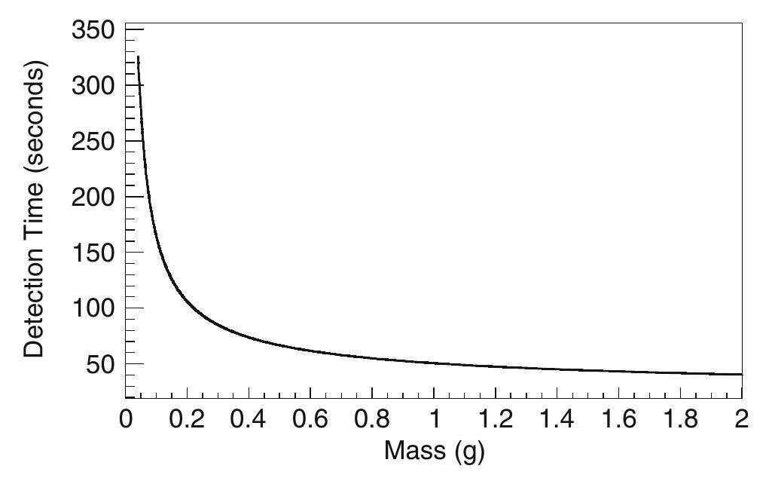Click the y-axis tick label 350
93,30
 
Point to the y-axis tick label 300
93,86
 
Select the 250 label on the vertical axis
93,142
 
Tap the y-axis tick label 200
93,198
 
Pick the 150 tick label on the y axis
93,253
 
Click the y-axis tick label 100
93,308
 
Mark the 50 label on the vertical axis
100,364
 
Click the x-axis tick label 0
126,419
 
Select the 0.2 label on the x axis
187,419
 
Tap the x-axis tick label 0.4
248,419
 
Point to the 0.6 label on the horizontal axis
310,419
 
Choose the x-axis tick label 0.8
372,419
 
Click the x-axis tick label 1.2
495,419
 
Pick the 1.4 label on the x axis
557,419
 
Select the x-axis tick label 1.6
618,419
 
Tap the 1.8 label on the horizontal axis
680,419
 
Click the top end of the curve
139,57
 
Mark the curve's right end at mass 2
741,375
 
